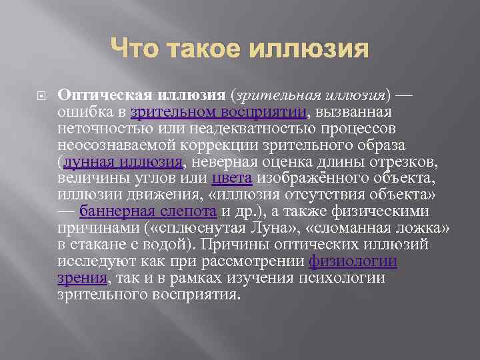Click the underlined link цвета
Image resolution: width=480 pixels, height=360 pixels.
tap(231, 178)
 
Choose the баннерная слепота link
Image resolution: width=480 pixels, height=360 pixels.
tap(148, 211)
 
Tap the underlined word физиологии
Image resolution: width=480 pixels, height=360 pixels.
tap(353, 261)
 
